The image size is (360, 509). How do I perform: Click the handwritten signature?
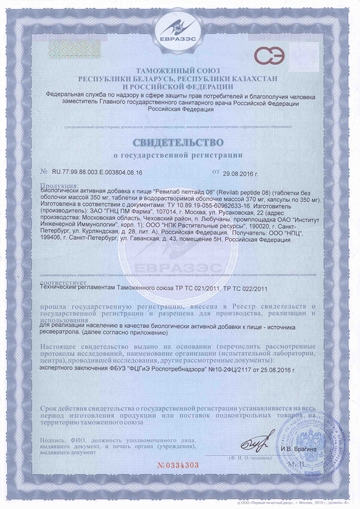coord(262,441)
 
